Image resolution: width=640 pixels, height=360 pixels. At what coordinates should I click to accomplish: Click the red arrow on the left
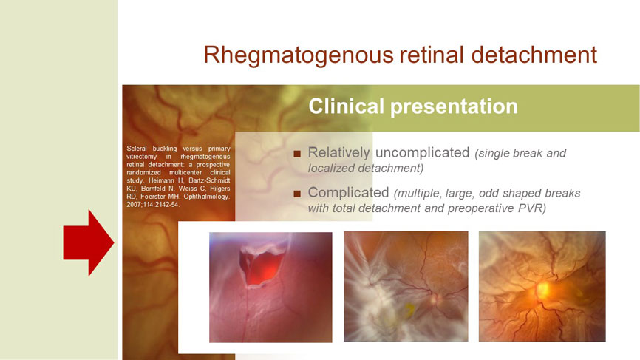[88, 243]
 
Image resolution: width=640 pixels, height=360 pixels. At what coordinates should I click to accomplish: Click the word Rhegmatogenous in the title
[299, 55]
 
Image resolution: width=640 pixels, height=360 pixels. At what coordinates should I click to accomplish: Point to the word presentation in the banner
[454, 107]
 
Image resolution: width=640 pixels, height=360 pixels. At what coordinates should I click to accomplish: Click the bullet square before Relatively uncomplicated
[297, 154]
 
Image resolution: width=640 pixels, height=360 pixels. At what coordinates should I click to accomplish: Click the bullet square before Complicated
[297, 194]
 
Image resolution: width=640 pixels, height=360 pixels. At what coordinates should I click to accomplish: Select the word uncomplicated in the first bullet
[423, 153]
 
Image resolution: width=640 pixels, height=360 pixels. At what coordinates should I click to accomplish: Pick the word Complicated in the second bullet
[348, 193]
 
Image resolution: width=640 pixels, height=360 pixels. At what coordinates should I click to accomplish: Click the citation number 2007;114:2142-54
[153, 205]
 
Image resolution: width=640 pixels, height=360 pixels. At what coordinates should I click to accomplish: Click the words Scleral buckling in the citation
[152, 149]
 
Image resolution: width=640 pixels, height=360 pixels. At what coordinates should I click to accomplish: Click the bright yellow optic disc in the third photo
[543, 291]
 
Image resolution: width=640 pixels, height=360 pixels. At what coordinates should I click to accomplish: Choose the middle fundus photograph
[406, 287]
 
